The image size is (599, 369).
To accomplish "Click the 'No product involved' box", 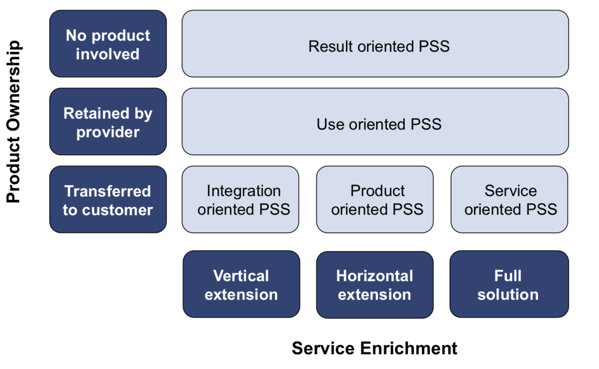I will pos(108,44).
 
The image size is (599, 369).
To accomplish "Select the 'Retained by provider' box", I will pos(108,122).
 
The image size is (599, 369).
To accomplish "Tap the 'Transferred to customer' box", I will pos(108,200).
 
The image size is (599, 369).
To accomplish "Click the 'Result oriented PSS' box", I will pos(375,44).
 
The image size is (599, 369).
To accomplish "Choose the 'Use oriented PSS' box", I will pos(375,122).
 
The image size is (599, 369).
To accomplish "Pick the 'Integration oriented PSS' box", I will pos(240,200).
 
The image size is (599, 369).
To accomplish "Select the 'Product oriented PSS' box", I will pos(375,200).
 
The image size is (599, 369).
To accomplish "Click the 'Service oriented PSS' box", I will pos(509,200).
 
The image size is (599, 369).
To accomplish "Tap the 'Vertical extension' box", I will pos(241,284).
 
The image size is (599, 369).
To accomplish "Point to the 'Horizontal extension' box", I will pos(375,284).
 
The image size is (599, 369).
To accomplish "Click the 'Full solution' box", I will pos(509,284).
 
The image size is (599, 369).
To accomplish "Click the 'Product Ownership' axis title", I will pos(14,122).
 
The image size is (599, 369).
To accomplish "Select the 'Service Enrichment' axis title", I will pos(374,348).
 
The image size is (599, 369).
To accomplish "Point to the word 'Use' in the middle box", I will pos(331,124).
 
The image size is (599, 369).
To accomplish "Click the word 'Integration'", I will pos(244,191).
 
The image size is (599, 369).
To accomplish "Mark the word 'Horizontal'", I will pos(374,276).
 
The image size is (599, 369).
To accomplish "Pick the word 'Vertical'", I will pos(241,276).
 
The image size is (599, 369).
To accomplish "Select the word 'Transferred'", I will pos(108,191).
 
